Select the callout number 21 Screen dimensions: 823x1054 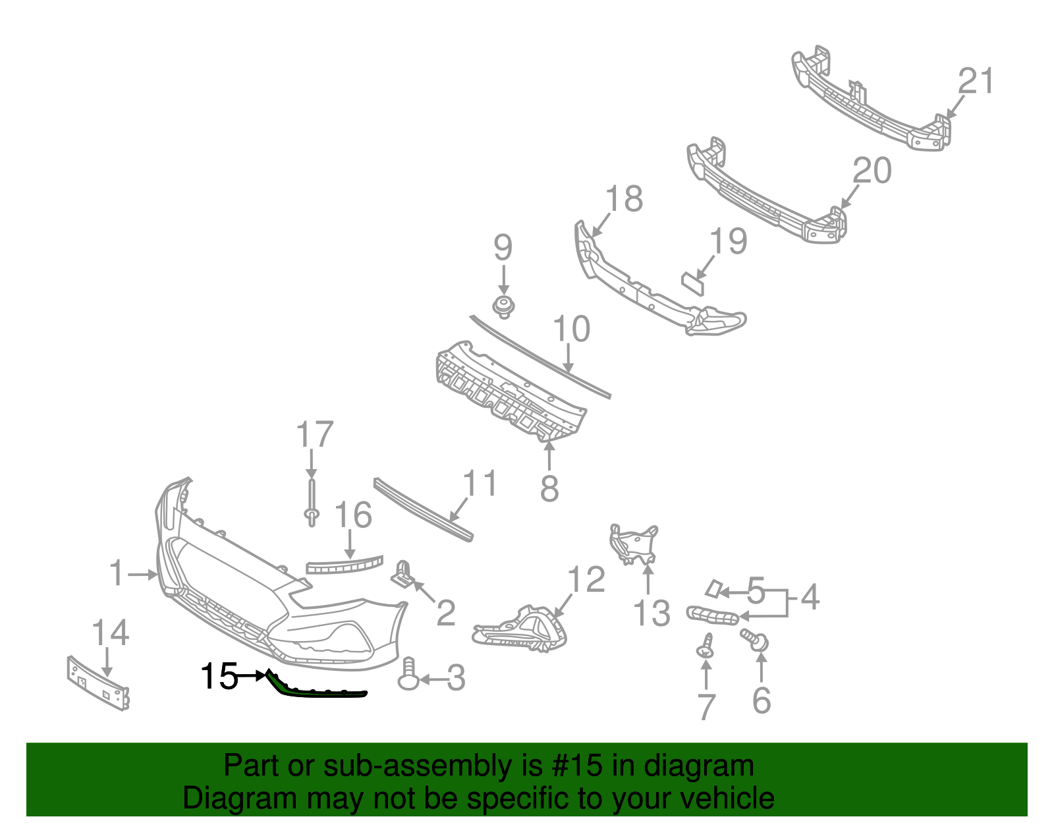click(976, 82)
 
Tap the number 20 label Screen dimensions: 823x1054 click(872, 171)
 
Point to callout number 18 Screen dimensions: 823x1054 click(624, 198)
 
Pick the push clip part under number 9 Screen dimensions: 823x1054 click(504, 307)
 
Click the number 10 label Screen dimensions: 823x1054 click(571, 329)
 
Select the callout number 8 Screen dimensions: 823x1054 click(549, 489)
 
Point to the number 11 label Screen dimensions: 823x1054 click(480, 483)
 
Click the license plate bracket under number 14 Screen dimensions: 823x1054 click(97, 683)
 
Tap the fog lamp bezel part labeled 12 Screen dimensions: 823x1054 click(520, 631)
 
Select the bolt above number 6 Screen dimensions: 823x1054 click(755, 639)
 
